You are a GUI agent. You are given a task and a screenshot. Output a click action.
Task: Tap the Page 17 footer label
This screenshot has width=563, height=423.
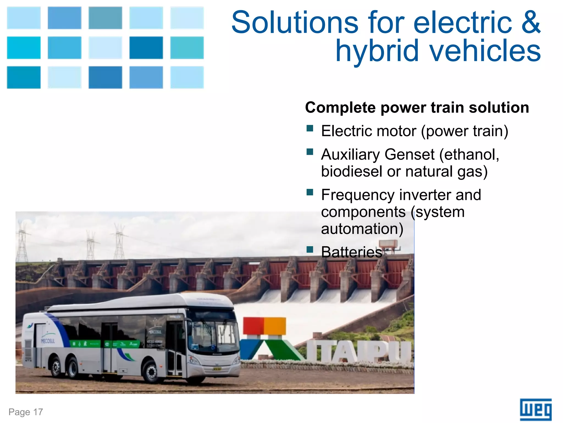[26, 412]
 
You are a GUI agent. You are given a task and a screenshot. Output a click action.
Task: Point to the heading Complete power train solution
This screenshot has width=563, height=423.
[417, 107]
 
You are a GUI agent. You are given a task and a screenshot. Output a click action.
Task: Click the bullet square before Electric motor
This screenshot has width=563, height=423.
[310, 129]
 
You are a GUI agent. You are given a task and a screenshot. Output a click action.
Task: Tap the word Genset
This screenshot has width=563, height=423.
[410, 154]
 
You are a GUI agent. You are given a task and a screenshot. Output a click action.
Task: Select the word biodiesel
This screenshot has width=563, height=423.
[352, 171]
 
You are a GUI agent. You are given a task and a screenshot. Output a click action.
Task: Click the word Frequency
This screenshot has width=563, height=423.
[358, 195]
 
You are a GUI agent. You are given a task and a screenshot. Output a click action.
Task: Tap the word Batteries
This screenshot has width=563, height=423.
[352, 252]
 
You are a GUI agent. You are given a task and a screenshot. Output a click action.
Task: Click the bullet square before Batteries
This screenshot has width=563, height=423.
[310, 250]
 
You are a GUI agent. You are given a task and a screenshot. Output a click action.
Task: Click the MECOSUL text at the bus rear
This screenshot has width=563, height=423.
[48, 341]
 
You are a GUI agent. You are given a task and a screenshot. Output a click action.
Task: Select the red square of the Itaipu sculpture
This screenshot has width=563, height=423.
[253, 326]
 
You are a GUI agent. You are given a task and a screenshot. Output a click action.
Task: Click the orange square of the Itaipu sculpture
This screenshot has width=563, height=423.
[275, 326]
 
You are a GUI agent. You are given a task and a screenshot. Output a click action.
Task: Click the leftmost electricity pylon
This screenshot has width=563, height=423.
[22, 242]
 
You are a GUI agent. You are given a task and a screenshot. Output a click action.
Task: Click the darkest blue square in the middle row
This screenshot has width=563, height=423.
[146, 48]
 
